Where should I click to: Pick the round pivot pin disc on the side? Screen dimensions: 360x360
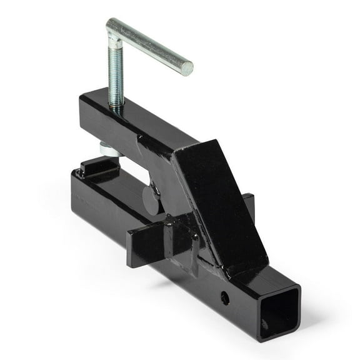click(151, 199)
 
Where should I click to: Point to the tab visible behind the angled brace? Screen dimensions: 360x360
click(249, 206)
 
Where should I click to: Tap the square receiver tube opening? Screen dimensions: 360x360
click(276, 319)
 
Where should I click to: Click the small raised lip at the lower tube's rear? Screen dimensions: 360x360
click(96, 166)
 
